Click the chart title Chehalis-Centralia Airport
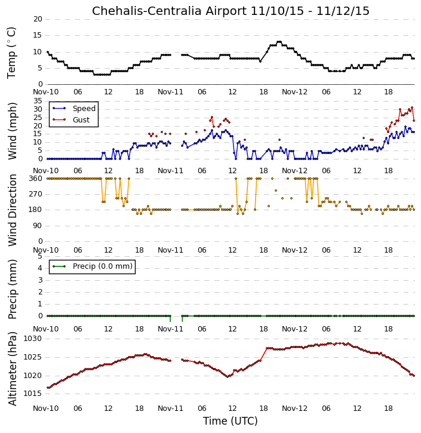pos(169,11)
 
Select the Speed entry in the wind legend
pos(74,108)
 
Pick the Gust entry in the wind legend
pos(71,119)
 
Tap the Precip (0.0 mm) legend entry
pos(93,266)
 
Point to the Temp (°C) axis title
pos(11,53)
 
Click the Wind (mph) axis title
pos(12,131)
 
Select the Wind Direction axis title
pos(12,210)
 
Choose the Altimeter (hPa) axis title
pos(12,368)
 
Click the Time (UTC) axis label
pos(231,421)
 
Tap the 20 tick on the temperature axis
pos(38,19)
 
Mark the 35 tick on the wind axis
pos(38,101)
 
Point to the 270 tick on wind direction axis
pos(36,194)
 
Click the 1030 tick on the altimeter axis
pos(33,339)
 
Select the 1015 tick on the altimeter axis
pos(33,394)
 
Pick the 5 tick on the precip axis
pos(40,256)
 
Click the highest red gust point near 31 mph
pos(412,108)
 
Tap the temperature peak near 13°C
pos(279,42)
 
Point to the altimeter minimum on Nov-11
pos(228,377)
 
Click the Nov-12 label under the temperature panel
pos(294,92)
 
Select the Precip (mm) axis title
pos(12,290)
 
